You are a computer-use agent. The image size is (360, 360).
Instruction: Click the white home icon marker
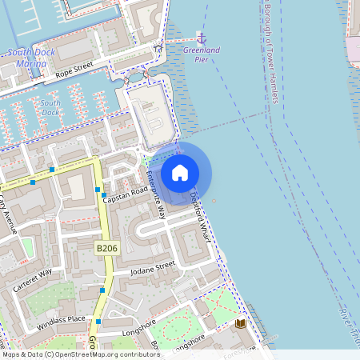coord(180,172)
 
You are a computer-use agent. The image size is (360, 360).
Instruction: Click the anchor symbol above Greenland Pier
coord(201,38)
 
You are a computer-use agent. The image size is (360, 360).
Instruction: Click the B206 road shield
coord(106,250)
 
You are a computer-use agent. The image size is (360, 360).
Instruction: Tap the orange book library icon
coord(240,323)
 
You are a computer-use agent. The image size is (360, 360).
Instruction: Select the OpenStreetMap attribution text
coord(80,354)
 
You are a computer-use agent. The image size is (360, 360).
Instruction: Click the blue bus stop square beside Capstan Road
coord(104,194)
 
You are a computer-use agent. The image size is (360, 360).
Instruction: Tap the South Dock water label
coord(50,108)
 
